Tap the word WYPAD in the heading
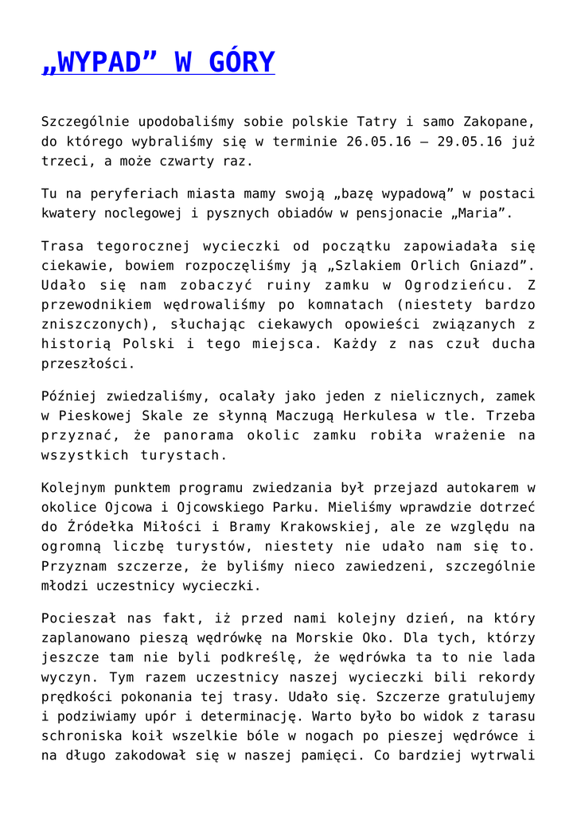(98, 61)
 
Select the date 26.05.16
(378, 142)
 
